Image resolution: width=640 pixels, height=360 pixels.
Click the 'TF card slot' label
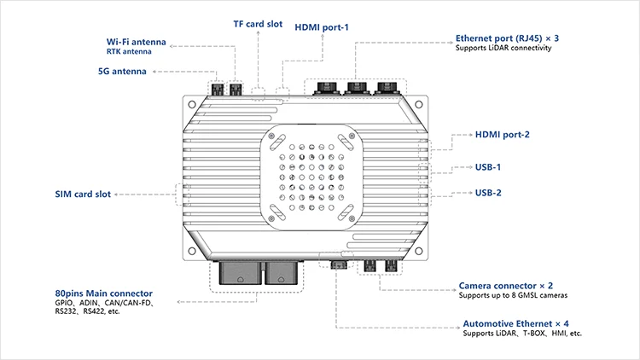[258, 24]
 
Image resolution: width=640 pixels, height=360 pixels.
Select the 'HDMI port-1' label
[322, 27]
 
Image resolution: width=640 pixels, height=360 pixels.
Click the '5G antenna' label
[122, 71]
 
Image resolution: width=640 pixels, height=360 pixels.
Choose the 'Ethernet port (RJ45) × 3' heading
[508, 38]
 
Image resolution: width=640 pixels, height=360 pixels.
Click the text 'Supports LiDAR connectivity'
[504, 49]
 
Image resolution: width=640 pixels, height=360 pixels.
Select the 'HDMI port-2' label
[503, 135]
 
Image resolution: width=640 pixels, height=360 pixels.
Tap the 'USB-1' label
[488, 167]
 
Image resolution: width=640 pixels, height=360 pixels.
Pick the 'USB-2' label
[488, 193]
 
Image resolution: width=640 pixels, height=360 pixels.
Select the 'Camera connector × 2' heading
[506, 285]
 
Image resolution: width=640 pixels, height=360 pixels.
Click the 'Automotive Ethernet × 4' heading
[515, 323]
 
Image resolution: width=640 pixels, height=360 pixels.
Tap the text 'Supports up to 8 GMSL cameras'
[514, 295]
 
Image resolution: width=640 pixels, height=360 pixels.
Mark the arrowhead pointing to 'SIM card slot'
[120, 195]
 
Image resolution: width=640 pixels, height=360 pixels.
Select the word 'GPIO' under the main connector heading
[62, 303]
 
